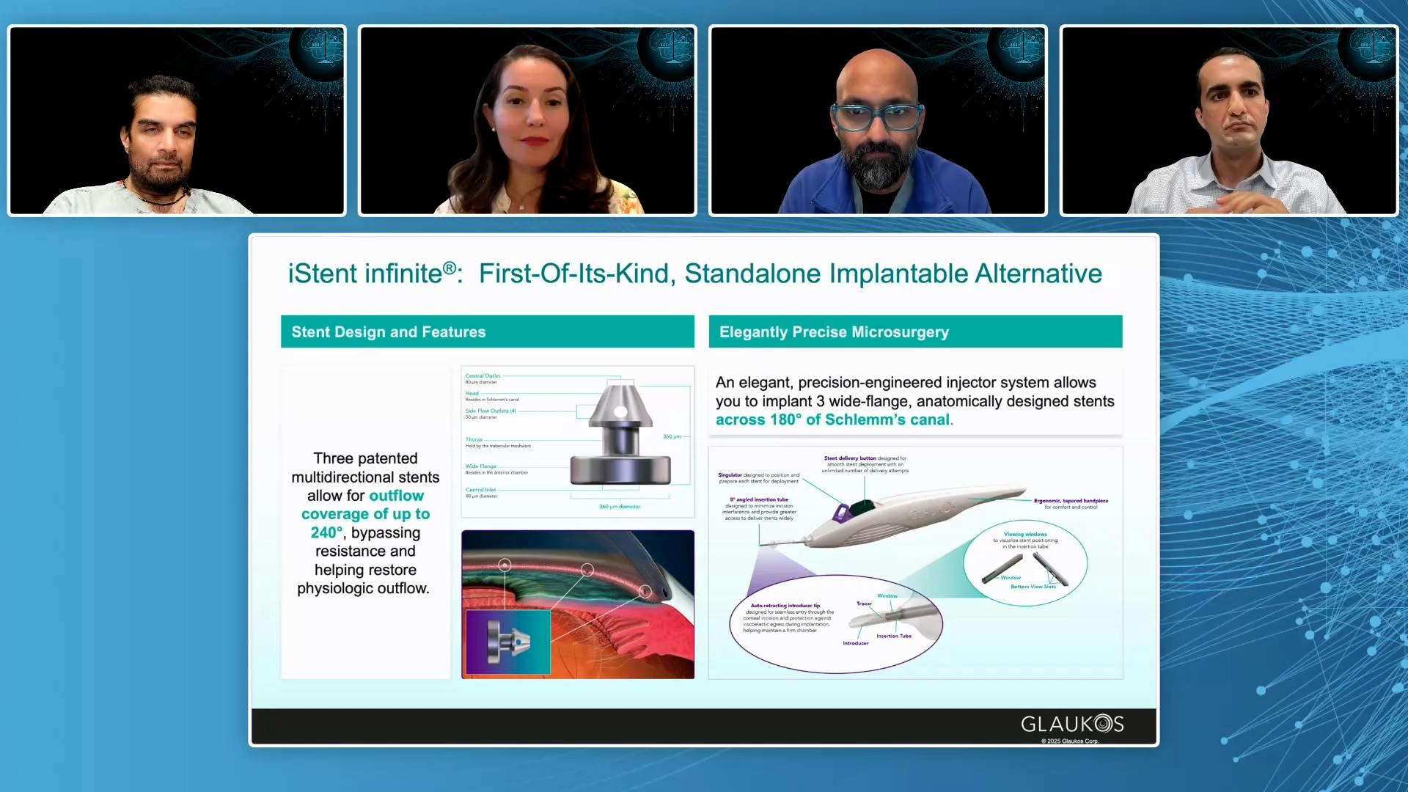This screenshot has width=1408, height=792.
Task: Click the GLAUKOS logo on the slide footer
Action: coord(1071,724)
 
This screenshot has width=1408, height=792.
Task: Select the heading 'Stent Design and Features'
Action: coord(388,332)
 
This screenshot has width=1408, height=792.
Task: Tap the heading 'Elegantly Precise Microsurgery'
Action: coord(834,332)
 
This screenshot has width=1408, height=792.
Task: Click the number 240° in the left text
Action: coord(326,533)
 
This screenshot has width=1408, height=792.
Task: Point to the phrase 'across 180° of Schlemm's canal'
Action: coord(833,420)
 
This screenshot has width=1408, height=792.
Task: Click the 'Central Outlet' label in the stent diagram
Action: coord(483,375)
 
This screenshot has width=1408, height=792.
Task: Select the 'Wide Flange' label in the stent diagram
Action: coord(481,466)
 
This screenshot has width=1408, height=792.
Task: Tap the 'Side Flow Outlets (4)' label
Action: coord(490,411)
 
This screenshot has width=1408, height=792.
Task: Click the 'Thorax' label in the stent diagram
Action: coord(474,439)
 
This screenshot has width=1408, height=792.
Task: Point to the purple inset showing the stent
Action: coord(507,641)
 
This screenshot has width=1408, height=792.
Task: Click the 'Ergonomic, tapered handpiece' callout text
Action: coord(1071,501)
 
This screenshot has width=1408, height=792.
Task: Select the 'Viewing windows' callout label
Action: coord(1025,534)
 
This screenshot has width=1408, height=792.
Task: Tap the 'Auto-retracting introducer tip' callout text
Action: coord(785,606)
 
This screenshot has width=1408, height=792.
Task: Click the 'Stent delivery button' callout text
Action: coord(850,458)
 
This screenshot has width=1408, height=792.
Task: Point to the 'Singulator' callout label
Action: coord(730,475)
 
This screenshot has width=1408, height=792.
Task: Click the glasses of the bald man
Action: coord(877,117)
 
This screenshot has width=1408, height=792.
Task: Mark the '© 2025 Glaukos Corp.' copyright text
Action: coord(1069,741)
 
